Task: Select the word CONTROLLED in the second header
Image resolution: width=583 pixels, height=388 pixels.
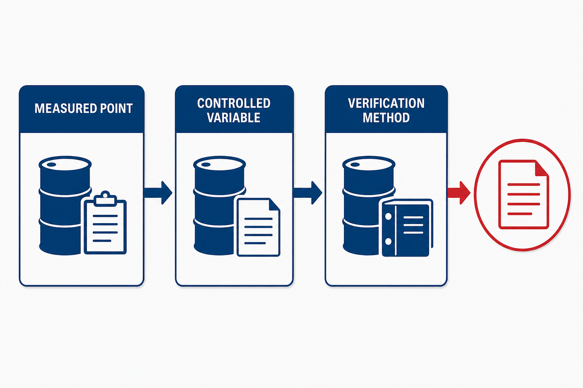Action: [234, 103]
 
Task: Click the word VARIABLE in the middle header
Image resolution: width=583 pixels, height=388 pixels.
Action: [234, 118]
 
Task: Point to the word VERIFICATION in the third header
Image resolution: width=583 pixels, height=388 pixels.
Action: [386, 103]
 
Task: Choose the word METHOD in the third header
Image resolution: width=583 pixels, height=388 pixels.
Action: [386, 118]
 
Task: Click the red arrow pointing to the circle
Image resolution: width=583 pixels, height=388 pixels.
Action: [459, 193]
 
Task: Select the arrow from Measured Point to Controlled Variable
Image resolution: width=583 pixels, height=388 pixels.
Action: [158, 193]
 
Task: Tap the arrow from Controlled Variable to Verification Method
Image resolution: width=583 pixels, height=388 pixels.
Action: [308, 193]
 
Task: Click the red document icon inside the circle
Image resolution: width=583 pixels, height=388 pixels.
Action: [524, 194]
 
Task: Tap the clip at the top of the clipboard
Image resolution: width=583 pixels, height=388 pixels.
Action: [105, 199]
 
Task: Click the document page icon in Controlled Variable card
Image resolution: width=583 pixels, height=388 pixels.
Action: [258, 227]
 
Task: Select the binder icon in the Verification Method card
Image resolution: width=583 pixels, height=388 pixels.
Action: [407, 227]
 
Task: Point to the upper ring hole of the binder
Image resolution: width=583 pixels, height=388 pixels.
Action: [388, 216]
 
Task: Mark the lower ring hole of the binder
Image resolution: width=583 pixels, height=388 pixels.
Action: [388, 242]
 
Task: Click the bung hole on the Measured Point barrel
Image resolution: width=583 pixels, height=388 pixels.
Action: [51, 164]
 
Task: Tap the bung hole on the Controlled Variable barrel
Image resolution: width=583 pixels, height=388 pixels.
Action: [206, 164]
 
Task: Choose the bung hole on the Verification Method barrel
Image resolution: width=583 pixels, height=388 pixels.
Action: [355, 164]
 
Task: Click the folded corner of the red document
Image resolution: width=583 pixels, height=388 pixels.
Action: [541, 168]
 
